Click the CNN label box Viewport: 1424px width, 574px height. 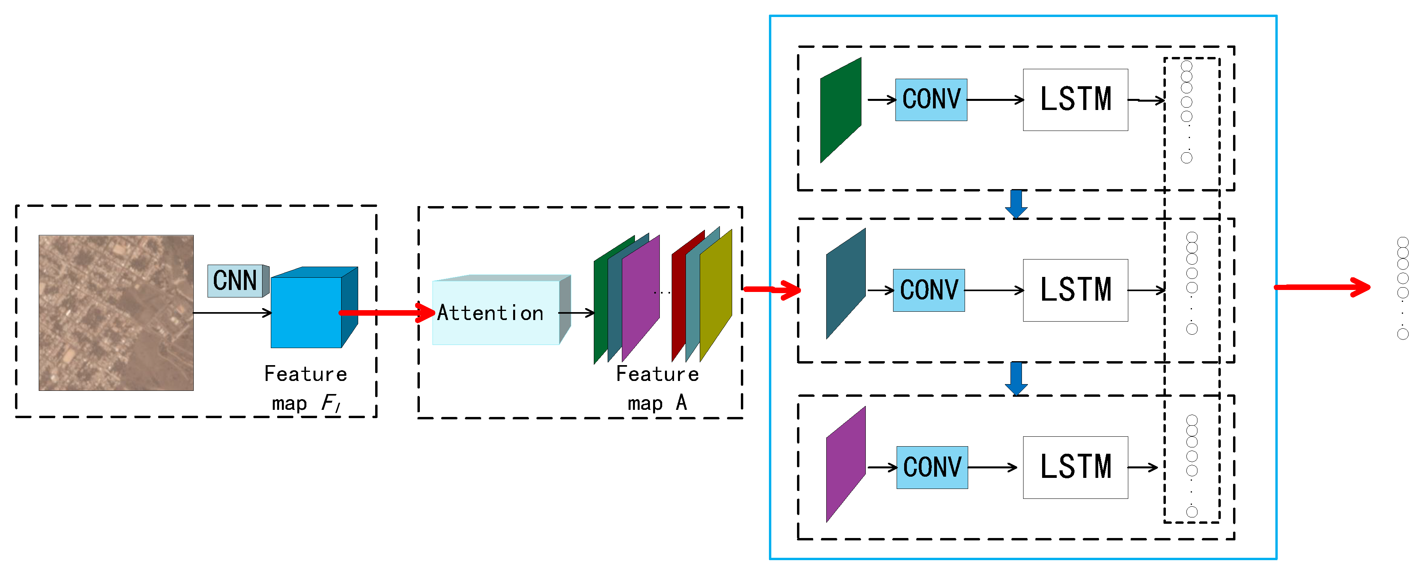236,281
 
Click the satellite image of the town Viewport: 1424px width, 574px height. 116,313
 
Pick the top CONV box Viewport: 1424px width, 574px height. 931,100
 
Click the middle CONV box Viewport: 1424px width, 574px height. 929,290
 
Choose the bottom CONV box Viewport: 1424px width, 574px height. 932,467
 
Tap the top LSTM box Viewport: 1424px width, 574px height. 1075,100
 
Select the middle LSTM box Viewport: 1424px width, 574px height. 1075,290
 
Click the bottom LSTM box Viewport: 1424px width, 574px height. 1075,467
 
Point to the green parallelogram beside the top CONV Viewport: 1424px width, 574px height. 840,111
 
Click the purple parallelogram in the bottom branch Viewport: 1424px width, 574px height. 846,464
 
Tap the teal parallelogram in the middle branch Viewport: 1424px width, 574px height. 846,284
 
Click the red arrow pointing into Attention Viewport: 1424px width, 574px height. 387,313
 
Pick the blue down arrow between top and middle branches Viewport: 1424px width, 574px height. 1016,203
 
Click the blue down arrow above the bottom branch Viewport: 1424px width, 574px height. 1016,378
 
